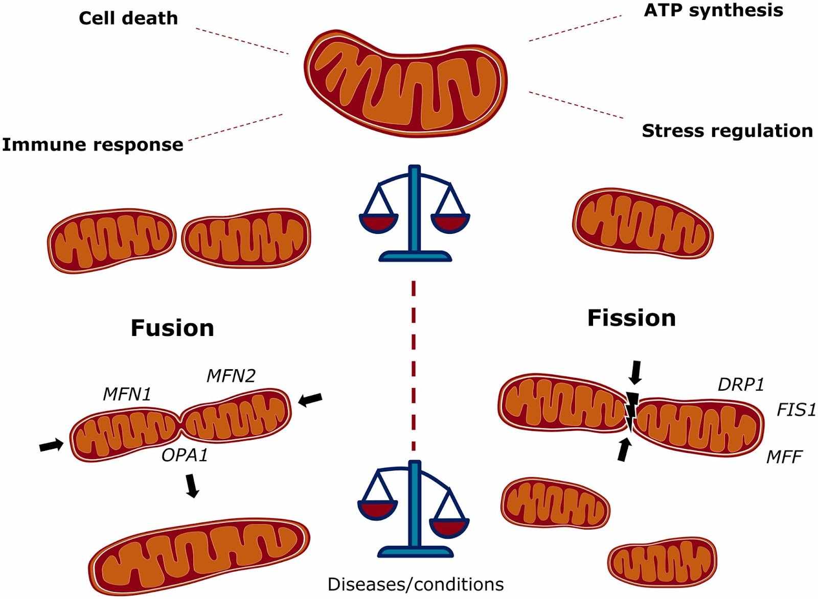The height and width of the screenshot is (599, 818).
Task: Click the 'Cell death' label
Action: click(128, 18)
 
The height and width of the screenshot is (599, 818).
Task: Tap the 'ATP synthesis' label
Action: click(713, 10)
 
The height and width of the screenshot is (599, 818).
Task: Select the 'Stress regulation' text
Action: click(727, 131)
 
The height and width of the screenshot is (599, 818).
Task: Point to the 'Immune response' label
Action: click(93, 145)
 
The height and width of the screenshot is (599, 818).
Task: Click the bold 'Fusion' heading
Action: click(172, 328)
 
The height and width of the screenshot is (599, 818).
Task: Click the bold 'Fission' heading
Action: click(631, 318)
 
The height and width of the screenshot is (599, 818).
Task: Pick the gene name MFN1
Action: click(127, 394)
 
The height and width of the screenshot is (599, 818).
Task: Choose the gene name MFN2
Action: click(231, 376)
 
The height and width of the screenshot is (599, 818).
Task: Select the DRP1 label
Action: click(741, 385)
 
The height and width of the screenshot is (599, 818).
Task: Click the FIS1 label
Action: click(796, 410)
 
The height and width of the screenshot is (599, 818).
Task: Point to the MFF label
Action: click(784, 457)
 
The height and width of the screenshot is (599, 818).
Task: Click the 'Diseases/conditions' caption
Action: click(415, 584)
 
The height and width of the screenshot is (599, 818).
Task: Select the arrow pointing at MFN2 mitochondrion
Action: click(310, 399)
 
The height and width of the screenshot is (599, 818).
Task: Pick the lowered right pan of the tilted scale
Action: click(449, 526)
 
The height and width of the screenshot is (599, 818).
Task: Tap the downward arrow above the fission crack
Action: click(635, 372)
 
